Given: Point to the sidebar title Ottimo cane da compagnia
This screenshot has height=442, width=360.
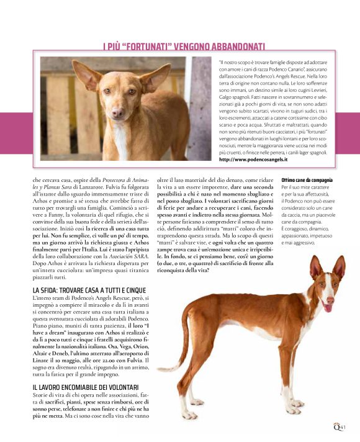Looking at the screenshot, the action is [x=307, y=180].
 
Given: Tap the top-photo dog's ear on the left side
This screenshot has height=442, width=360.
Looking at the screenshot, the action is [x=85, y=74].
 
